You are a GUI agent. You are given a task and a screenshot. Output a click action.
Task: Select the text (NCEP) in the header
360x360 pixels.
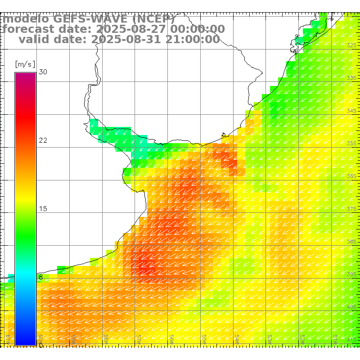point(153,19)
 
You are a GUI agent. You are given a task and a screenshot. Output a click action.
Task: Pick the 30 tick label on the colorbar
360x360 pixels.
point(43,72)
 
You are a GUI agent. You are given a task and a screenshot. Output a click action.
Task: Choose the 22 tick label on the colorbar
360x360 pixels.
point(43,140)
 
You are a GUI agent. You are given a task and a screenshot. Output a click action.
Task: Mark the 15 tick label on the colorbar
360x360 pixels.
point(43,209)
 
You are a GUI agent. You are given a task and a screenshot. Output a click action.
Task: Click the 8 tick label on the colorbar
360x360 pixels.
point(41,277)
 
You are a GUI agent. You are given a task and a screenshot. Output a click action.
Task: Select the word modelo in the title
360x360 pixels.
point(27,19)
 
